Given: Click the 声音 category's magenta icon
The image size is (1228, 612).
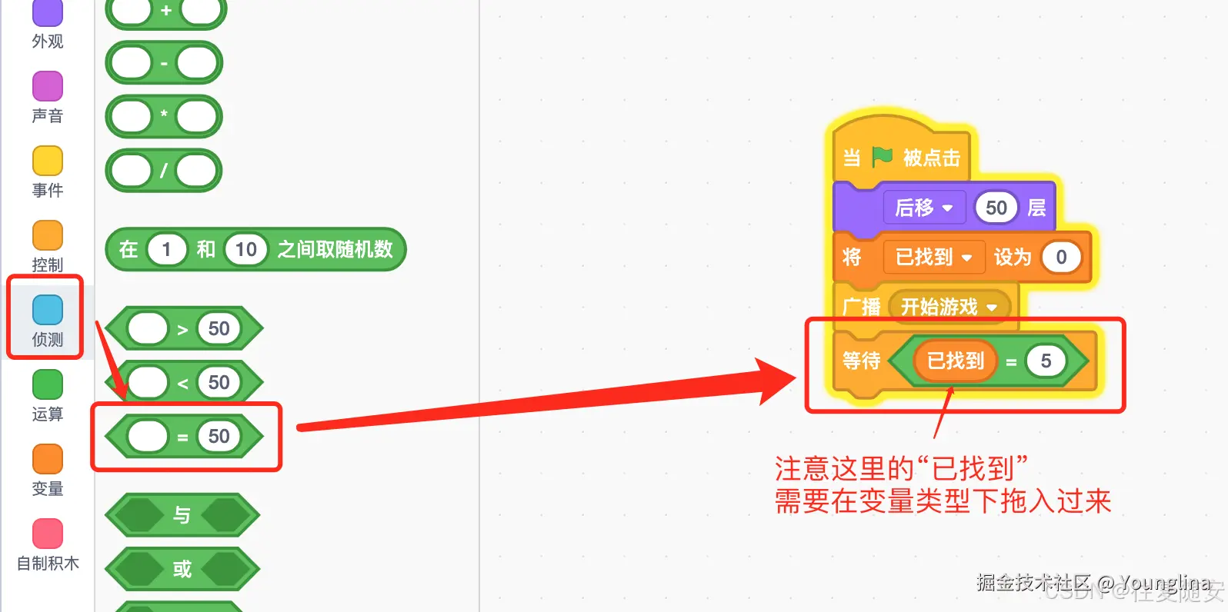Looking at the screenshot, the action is (48, 86).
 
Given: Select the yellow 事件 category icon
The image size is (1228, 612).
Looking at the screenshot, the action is (48, 161).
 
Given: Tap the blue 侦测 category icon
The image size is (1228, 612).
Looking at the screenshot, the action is (48, 310).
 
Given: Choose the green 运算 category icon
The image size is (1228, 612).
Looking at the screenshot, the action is (48, 384).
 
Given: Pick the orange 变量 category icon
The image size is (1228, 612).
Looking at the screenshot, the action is (48, 459).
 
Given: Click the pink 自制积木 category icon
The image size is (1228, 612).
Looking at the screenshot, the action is (48, 534).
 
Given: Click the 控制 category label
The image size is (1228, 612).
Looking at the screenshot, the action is (48, 264).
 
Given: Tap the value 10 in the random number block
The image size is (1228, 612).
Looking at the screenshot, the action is (245, 249).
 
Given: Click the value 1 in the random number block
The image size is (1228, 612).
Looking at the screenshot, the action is (166, 249).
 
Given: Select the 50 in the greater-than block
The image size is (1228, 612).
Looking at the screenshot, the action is (219, 329).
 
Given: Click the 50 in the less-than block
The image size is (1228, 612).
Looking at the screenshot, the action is (219, 383).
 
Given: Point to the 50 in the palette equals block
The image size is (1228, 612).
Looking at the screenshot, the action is (219, 437).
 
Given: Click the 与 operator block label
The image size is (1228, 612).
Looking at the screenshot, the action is (182, 515).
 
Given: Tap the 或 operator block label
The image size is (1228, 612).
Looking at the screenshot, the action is (182, 569).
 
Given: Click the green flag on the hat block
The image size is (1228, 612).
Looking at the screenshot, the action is (882, 157).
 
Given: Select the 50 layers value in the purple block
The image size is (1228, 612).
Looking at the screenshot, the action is (996, 208).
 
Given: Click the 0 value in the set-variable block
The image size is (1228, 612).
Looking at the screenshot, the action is (1061, 258).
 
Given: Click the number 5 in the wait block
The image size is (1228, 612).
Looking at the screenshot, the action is (1046, 361).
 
